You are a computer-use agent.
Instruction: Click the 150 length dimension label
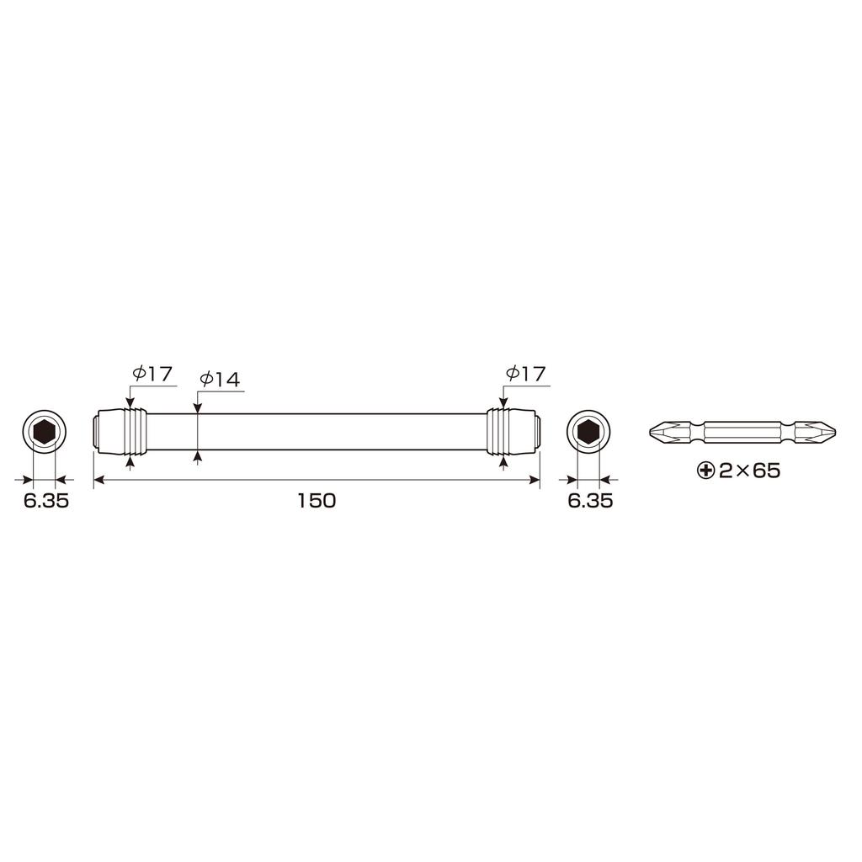(317, 501)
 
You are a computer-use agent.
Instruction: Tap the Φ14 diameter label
(220, 380)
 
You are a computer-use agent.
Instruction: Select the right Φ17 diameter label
(525, 374)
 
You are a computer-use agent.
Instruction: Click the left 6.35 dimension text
(45, 502)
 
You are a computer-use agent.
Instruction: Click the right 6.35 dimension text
(590, 502)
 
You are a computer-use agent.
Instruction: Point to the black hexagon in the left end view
(44, 433)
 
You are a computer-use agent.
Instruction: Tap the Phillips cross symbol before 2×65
(706, 471)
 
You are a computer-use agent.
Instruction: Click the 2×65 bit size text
(749, 471)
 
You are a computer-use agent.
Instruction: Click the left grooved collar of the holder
(134, 432)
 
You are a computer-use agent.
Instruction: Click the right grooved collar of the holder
(500, 432)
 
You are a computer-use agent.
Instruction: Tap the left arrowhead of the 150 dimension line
(98, 480)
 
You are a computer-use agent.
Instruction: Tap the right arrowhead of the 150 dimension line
(535, 480)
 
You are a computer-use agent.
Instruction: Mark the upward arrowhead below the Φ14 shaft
(197, 457)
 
